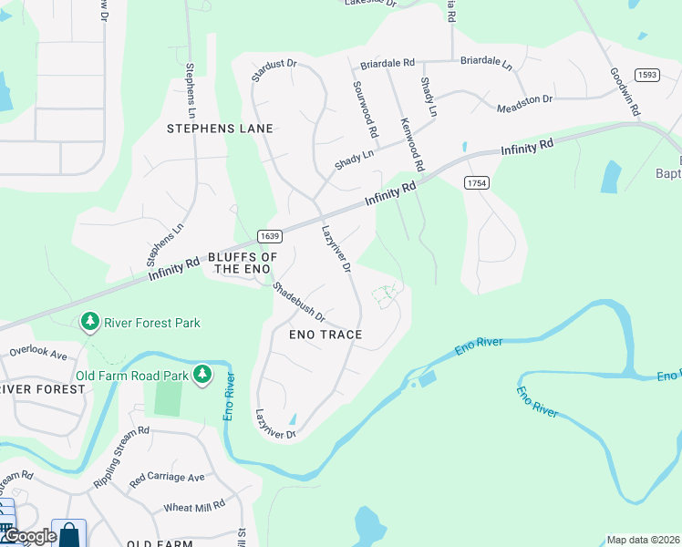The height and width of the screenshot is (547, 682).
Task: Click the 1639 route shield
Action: tap(269, 236)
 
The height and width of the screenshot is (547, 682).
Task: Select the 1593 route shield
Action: tap(647, 75)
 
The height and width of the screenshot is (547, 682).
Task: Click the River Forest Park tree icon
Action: tap(90, 322)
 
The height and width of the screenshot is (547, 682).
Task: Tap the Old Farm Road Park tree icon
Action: tap(202, 375)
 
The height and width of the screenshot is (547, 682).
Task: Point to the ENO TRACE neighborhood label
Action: tap(325, 335)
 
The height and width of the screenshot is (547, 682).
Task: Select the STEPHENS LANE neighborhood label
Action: tap(220, 129)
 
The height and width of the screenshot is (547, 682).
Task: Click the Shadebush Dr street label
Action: tap(299, 301)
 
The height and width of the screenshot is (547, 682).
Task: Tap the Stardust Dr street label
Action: tap(274, 70)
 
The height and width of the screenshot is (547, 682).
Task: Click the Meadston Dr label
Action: tap(524, 103)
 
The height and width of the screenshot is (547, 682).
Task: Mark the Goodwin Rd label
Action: tap(625, 91)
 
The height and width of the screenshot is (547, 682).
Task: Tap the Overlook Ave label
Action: tap(39, 351)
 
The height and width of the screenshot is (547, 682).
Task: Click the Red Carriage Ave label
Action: tap(168, 477)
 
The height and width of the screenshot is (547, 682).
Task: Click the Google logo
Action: tap(29, 536)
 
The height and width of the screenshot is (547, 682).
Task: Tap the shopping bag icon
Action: tap(69, 534)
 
